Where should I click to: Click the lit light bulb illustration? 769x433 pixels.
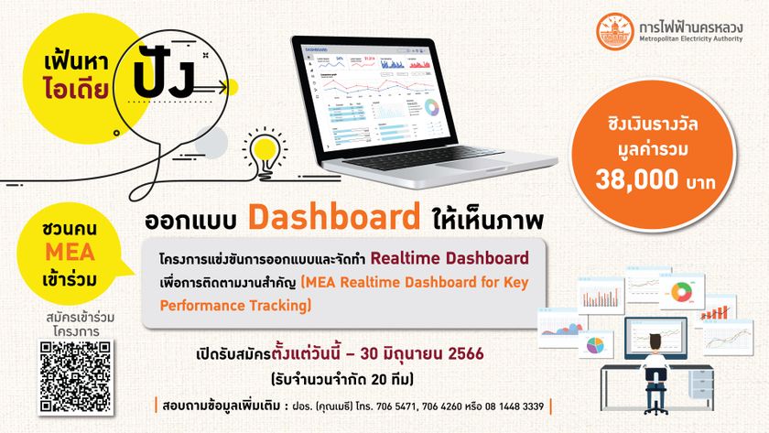[259, 151]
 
